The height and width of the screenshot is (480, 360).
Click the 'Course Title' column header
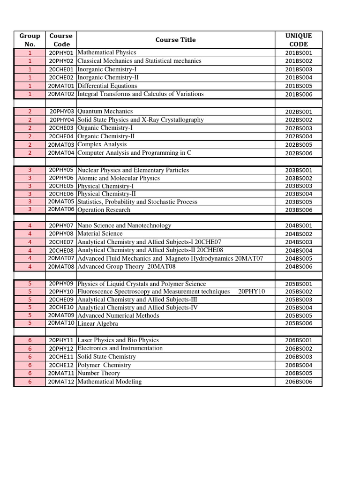click(175, 40)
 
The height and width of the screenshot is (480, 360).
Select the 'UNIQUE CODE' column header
click(299, 40)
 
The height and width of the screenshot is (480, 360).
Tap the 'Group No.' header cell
click(30, 40)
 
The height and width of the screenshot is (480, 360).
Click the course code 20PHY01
click(61, 53)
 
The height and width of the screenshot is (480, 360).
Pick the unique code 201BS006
click(299, 94)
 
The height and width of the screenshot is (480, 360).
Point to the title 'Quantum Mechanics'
click(105, 112)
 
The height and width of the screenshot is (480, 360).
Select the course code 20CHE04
click(61, 136)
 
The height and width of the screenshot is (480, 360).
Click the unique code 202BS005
click(299, 145)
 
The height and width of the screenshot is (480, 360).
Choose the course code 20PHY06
click(61, 178)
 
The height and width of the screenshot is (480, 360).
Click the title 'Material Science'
click(100, 233)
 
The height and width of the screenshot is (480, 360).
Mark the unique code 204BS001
click(299, 225)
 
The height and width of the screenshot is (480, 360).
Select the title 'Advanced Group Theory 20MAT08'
click(123, 267)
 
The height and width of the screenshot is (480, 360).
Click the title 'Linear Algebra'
click(97, 323)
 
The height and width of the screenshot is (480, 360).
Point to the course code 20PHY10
click(61, 292)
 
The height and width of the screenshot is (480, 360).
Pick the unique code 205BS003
click(299, 300)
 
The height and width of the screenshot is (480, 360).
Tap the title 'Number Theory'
click(98, 373)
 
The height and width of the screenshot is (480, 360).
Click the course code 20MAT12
click(61, 382)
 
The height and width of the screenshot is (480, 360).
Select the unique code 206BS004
click(299, 365)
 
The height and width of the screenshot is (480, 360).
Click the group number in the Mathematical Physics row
click(30, 53)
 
